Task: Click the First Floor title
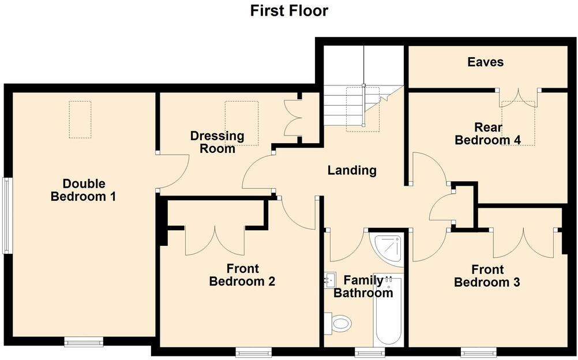point(289,10)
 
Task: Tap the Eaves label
point(485,62)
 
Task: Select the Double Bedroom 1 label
point(84,190)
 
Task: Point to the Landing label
point(352,170)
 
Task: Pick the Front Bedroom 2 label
point(242,275)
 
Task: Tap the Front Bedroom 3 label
point(487,276)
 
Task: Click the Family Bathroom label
point(363,287)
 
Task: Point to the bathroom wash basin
point(331,280)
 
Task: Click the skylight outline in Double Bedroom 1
point(80,119)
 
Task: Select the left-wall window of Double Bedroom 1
point(7,215)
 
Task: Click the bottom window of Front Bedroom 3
point(479,351)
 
